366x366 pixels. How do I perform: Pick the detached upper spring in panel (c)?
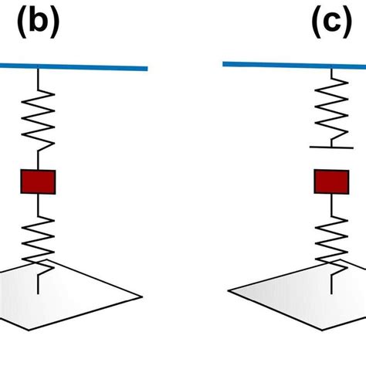pyautogui.click(x=331, y=113)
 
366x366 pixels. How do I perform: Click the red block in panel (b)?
pyautogui.click(x=38, y=181)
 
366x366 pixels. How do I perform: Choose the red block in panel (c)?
pyautogui.click(x=331, y=181)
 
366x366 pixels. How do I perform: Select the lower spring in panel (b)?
pyautogui.click(x=38, y=239)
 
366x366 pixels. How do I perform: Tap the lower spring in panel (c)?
pyautogui.click(x=331, y=239)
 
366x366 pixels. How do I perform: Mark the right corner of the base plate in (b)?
pyautogui.click(x=141, y=295)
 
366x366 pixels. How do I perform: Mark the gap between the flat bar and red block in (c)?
pyautogui.click(x=331, y=158)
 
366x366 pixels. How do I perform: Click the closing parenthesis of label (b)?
pyautogui.click(x=54, y=25)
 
